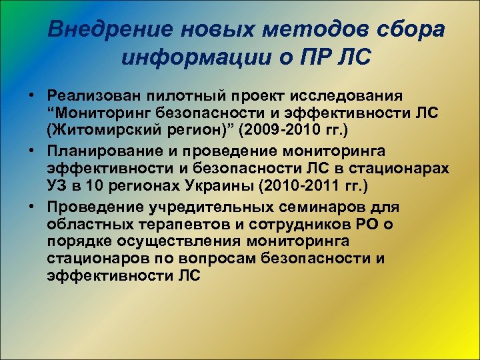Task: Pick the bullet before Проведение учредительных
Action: point(31,207)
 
